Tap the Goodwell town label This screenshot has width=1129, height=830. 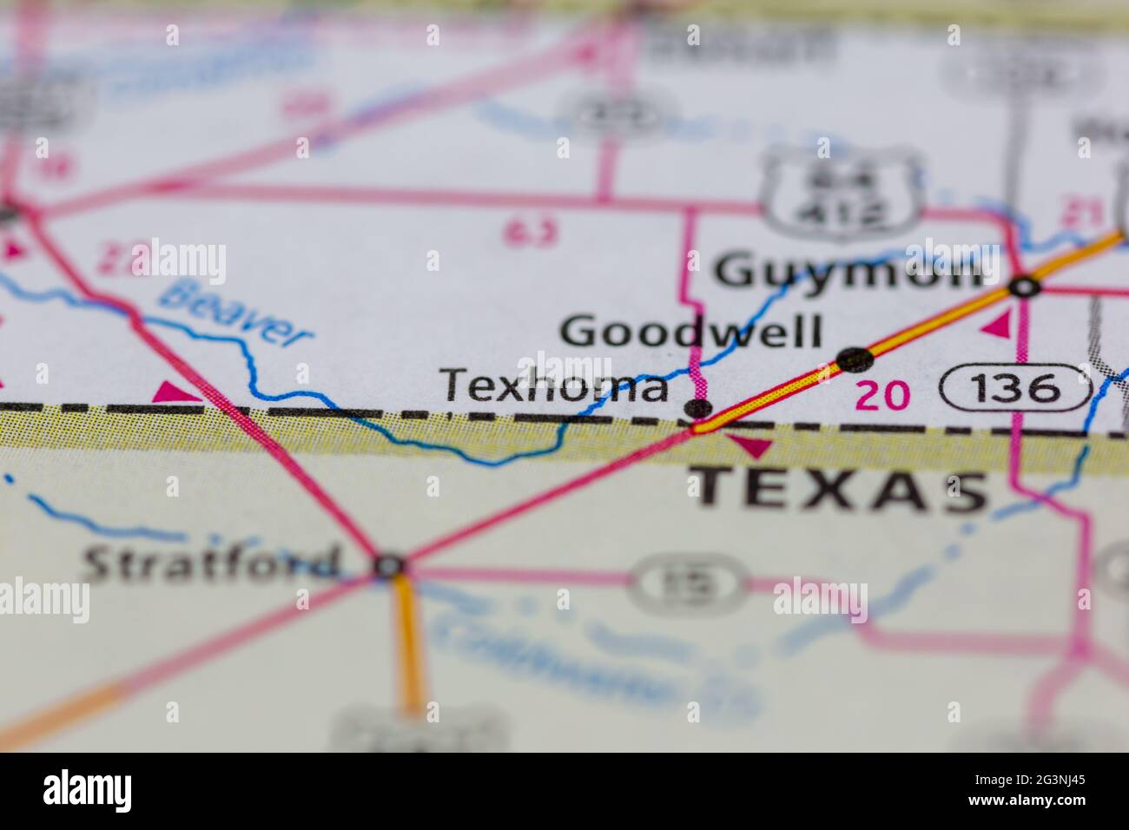click(690, 332)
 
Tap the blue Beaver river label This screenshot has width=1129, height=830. click(236, 313)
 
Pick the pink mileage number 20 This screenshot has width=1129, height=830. click(882, 396)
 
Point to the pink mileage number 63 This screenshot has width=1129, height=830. click(531, 232)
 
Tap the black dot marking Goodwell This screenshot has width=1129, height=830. click(855, 357)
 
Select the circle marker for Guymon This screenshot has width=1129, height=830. click(1025, 287)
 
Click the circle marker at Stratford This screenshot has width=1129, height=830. click(390, 566)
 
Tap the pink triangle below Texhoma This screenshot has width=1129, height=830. click(751, 447)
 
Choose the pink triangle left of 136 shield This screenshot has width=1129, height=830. click(998, 325)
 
